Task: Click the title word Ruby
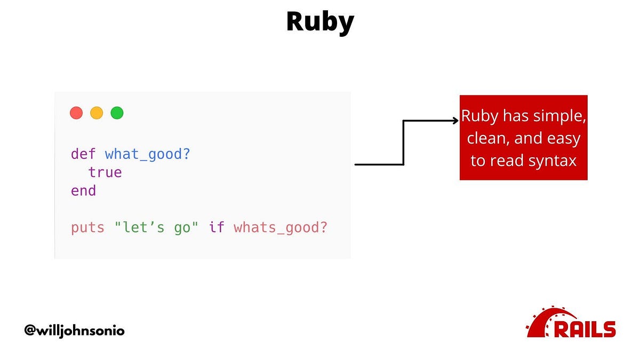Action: pos(320,22)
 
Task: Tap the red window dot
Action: pos(76,113)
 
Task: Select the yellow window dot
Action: pos(97,113)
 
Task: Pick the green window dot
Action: pos(117,113)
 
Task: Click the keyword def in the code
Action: pos(84,155)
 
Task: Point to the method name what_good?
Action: pos(148,155)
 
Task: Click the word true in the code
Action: pos(105,173)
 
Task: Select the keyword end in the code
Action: pos(84,191)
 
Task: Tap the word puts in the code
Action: pos(88,228)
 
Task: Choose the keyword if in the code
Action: pos(217,228)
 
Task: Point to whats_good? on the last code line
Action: pos(281,228)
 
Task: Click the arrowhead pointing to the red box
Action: pos(455,121)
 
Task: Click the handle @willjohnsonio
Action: pos(74,331)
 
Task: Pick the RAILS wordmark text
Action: pos(585,329)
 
